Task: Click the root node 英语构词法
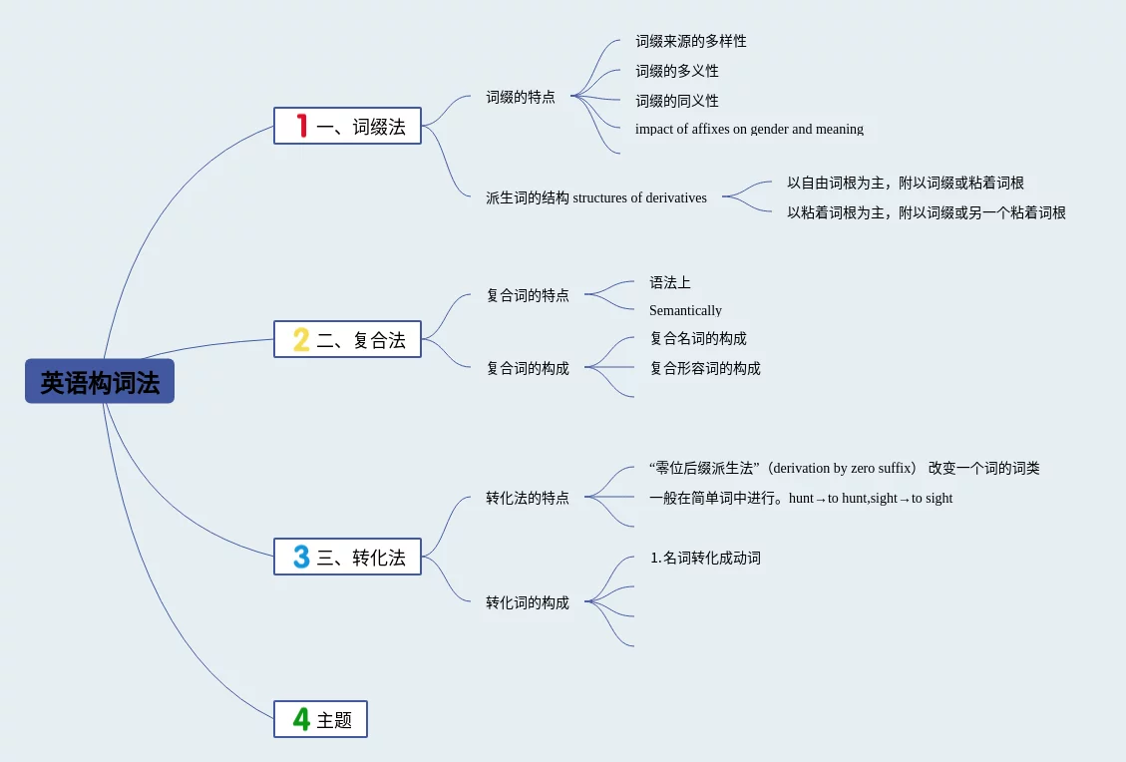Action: coord(100,382)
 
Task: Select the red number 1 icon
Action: coord(301,126)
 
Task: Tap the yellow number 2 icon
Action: coord(301,339)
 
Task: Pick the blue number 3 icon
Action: coord(301,557)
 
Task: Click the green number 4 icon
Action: coord(301,719)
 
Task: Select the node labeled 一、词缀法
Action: coord(361,127)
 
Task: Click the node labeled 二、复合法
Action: coord(361,340)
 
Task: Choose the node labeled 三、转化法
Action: coord(361,558)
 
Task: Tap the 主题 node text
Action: coord(334,720)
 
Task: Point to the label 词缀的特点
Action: coord(521,98)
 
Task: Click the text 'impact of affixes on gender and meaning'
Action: coord(749,129)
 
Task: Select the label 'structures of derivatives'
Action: coord(639,197)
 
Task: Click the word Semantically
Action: coord(685,310)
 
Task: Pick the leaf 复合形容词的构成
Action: coord(705,368)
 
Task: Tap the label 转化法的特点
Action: coord(528,498)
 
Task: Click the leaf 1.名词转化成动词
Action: coord(705,558)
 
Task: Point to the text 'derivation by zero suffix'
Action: coord(844,468)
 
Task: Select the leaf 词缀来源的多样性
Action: coord(691,41)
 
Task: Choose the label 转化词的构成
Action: coord(528,602)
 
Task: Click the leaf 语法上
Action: coord(669,282)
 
